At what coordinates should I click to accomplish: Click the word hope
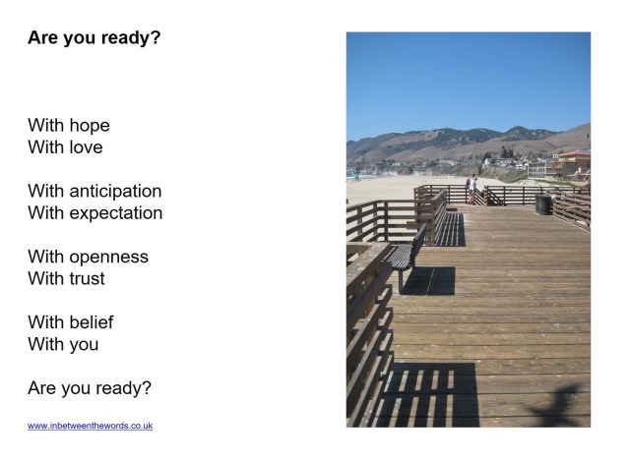pyautogui.click(x=90, y=126)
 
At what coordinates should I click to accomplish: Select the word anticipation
pyautogui.click(x=115, y=192)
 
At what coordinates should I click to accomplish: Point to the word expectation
pyautogui.click(x=116, y=213)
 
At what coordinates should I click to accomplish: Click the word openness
pyautogui.click(x=108, y=258)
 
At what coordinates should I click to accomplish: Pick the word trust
pyautogui.click(x=88, y=279)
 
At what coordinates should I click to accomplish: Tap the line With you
pyautogui.click(x=63, y=344)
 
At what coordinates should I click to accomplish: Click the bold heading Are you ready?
pyautogui.click(x=94, y=38)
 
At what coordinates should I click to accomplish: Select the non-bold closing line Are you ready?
pyautogui.click(x=90, y=388)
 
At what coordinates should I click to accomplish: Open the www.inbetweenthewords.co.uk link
pyautogui.click(x=90, y=426)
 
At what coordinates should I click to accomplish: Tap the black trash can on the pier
pyautogui.click(x=542, y=204)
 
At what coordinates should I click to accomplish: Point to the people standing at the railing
pyautogui.click(x=472, y=188)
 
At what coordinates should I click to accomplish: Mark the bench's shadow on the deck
pyautogui.click(x=430, y=280)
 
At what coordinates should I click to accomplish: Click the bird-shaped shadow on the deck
pyautogui.click(x=557, y=403)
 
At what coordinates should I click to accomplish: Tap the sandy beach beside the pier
pyautogui.click(x=379, y=187)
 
